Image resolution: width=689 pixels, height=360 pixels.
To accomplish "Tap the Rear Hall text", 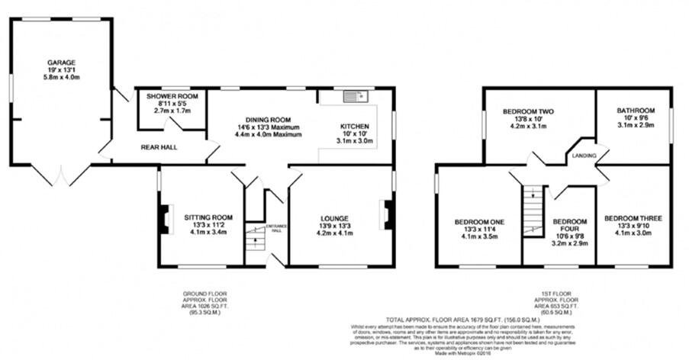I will click(x=159, y=146).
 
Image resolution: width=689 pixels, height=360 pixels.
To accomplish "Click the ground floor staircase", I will click(x=254, y=243).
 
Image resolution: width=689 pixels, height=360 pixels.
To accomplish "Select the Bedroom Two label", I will click(x=528, y=119).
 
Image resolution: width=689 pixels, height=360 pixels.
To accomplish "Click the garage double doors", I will click(x=60, y=175).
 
